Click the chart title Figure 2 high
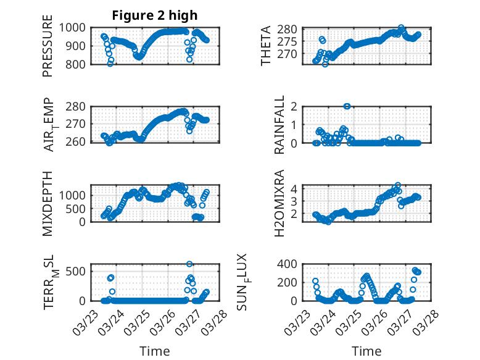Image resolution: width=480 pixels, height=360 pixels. [x=154, y=15]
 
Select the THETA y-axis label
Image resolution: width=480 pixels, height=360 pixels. [x=266, y=46]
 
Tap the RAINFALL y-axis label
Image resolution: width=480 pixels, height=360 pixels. [x=279, y=125]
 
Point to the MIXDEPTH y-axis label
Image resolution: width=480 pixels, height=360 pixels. [x=48, y=203]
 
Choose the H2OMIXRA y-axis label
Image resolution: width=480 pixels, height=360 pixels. [x=279, y=203]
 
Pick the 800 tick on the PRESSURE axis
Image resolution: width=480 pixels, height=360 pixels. [x=80, y=64]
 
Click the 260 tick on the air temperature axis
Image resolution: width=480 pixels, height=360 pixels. [x=80, y=142]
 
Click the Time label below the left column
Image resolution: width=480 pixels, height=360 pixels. [x=154, y=351]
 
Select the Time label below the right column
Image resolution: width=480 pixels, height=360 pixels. [x=366, y=351]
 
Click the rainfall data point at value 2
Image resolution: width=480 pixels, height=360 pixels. [x=347, y=106]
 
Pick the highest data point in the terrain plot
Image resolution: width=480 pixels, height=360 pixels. [x=189, y=264]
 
